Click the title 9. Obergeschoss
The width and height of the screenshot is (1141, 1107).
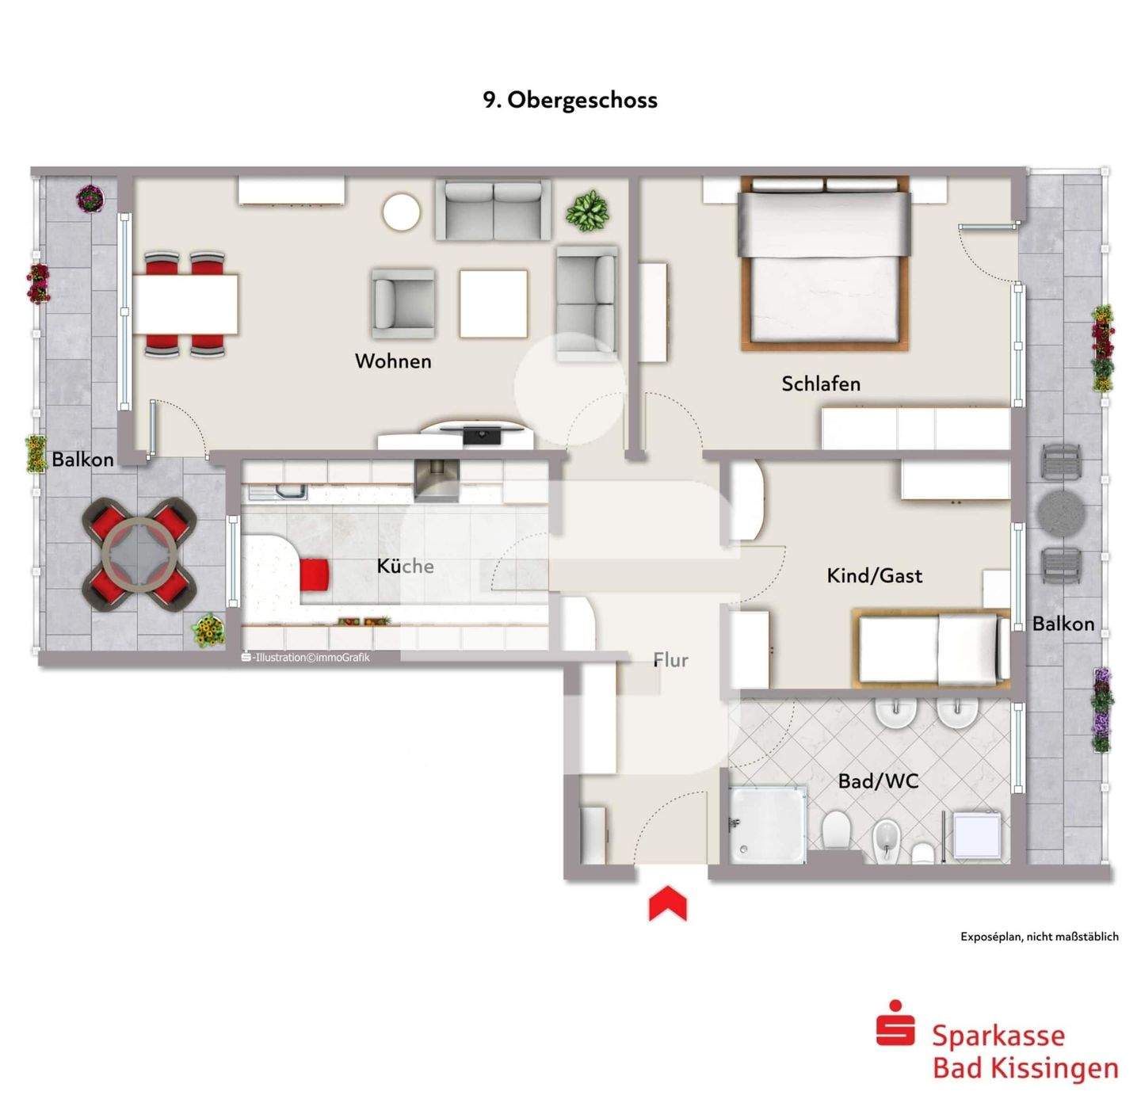[570, 100]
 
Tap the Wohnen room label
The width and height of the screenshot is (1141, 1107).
[393, 361]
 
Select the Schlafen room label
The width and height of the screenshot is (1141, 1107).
[820, 384]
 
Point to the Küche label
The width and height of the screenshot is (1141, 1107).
[405, 566]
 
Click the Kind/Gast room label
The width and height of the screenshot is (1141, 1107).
[874, 575]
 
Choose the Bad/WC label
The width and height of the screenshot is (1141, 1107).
[878, 781]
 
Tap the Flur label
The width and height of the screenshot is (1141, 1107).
[670, 660]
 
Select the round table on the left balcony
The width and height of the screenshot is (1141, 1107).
[140, 553]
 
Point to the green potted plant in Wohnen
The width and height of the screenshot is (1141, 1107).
[587, 211]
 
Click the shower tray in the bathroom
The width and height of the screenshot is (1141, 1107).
[766, 824]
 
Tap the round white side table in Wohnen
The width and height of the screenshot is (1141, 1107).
[401, 212]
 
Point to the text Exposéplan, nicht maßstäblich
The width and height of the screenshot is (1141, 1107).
[1039, 937]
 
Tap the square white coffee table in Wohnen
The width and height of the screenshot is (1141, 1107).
[494, 304]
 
